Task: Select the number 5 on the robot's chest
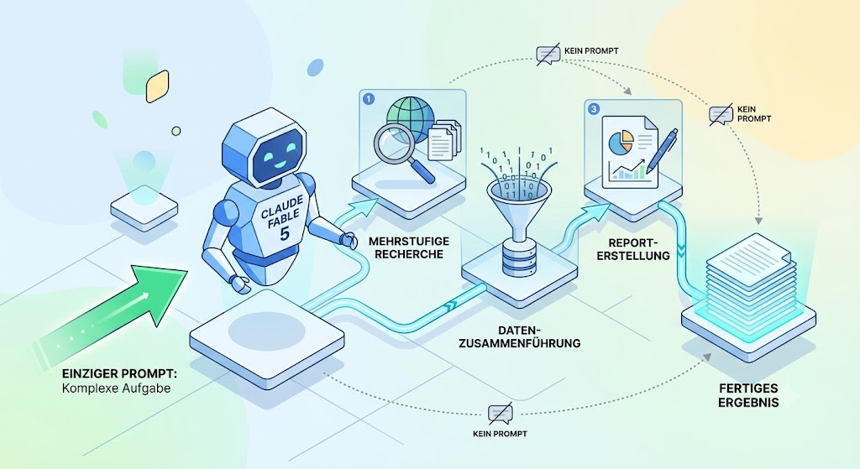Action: (x=285, y=234)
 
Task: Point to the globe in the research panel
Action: (x=410, y=120)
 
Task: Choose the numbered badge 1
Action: (x=369, y=99)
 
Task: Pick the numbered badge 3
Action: (x=594, y=109)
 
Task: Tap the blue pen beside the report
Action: (x=662, y=149)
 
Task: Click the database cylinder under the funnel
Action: (x=517, y=260)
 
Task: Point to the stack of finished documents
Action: (x=748, y=271)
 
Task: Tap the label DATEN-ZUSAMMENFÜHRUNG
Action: (x=520, y=337)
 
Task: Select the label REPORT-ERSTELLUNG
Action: (x=633, y=248)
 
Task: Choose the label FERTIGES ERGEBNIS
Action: (x=748, y=395)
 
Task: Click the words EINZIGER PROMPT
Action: (x=119, y=374)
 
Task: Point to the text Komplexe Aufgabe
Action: (x=116, y=388)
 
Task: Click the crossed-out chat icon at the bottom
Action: (x=501, y=414)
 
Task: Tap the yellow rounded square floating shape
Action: (x=157, y=86)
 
